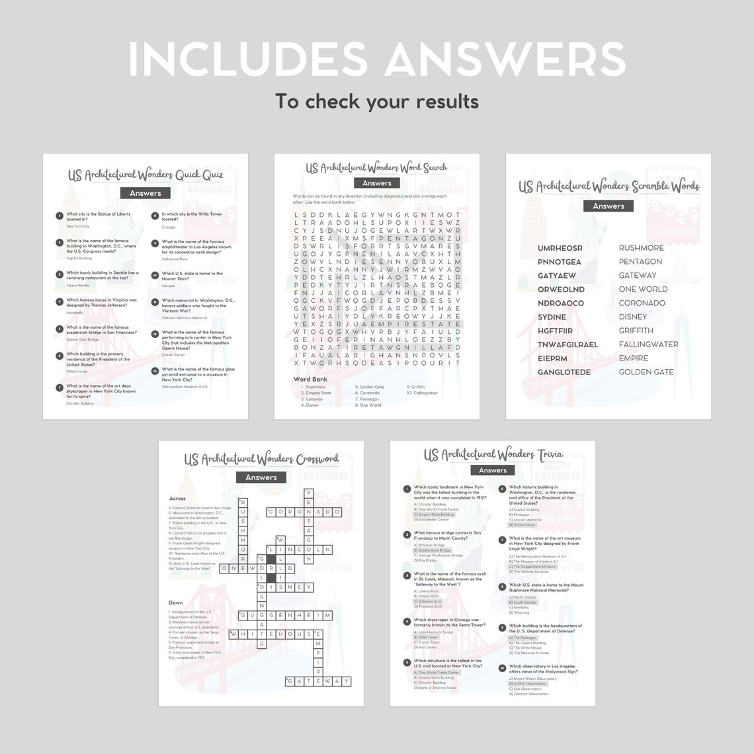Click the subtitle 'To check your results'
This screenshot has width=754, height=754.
[x=376, y=101]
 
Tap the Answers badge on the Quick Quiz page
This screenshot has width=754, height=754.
[x=146, y=193]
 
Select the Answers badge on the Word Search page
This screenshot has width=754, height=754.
[x=377, y=183]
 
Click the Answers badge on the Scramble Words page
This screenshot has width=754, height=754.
[x=608, y=206]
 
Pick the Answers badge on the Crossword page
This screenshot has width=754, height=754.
[x=261, y=478]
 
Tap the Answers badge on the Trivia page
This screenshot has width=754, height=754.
[x=493, y=470]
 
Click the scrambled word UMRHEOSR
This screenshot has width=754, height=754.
[x=560, y=248]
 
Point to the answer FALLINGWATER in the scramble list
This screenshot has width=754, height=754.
[x=648, y=345]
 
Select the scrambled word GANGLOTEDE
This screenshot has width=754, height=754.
[x=564, y=372]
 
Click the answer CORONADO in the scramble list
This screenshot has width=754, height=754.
[x=642, y=303]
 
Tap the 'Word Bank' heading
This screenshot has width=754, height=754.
[x=310, y=380]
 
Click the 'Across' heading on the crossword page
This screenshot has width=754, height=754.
[x=177, y=499]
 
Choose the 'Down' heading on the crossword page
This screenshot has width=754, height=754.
[x=176, y=603]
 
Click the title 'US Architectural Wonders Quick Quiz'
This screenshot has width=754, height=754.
[x=146, y=175]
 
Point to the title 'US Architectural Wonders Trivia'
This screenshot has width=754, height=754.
[x=493, y=454]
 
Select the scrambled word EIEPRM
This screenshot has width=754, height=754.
[x=552, y=358]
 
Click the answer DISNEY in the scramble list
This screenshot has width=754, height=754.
[x=633, y=317]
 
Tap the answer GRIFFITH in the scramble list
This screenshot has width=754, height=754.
[x=636, y=331]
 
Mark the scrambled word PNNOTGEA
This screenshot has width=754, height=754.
[x=560, y=262]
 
